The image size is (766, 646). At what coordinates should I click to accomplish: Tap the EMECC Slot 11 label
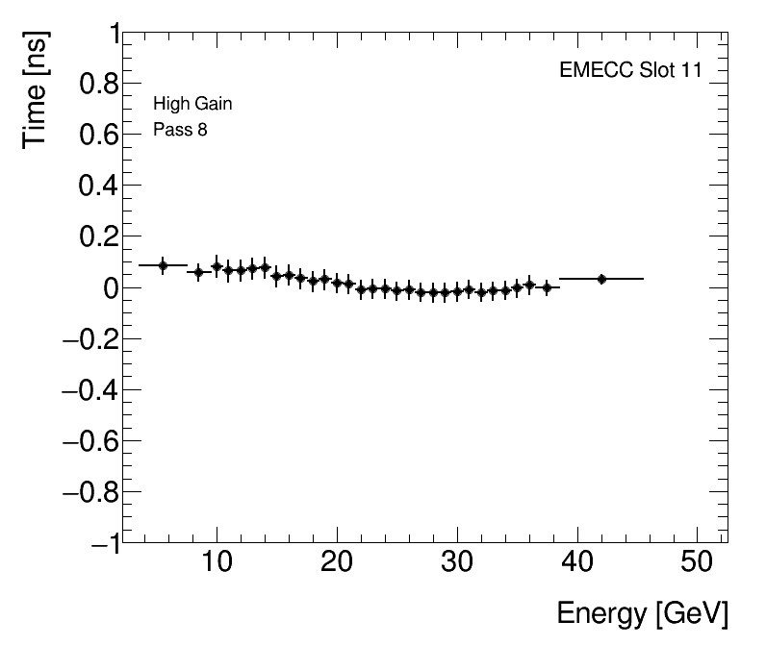(x=630, y=71)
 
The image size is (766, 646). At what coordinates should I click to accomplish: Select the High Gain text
(x=192, y=104)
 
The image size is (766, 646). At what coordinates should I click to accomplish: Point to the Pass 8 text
(x=180, y=130)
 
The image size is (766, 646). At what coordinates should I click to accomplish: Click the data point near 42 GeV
(x=601, y=279)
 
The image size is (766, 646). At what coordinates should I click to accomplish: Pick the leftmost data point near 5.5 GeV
(x=163, y=265)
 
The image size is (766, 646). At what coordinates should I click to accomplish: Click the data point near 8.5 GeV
(x=199, y=272)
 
